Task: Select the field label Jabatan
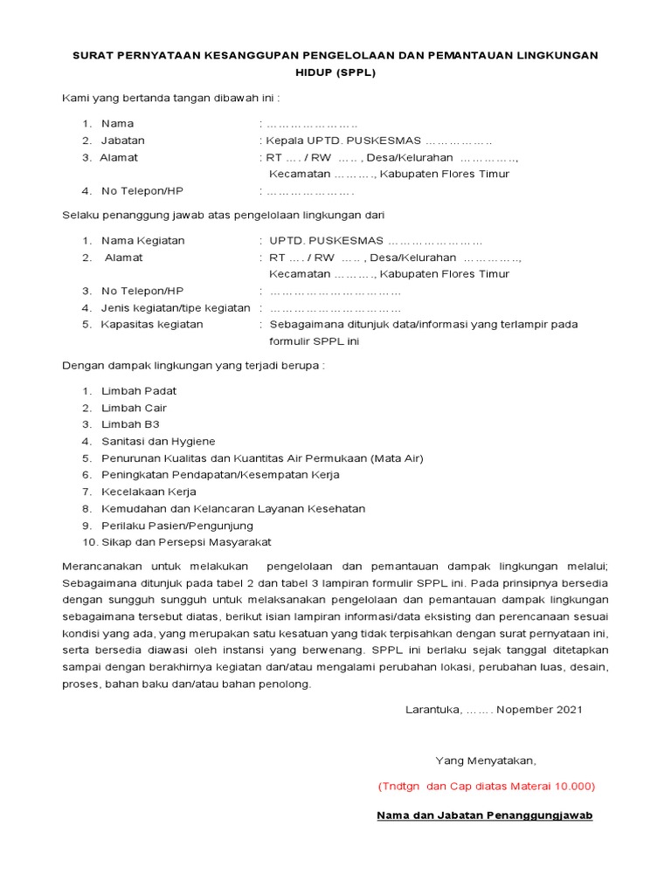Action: [123, 141]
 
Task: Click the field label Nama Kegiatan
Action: [142, 240]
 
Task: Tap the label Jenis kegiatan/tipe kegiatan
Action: [176, 307]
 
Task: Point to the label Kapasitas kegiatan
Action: [152, 324]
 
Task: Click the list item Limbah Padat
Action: [138, 391]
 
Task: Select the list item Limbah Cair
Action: [134, 408]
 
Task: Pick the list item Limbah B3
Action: [130, 424]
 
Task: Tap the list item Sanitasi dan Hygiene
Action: [158, 442]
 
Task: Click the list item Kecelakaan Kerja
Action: [149, 492]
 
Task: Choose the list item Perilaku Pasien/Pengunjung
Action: [177, 526]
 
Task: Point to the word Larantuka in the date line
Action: [433, 710]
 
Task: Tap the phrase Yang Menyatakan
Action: [486, 760]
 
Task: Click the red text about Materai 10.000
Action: [486, 787]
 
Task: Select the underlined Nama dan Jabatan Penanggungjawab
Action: [485, 815]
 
